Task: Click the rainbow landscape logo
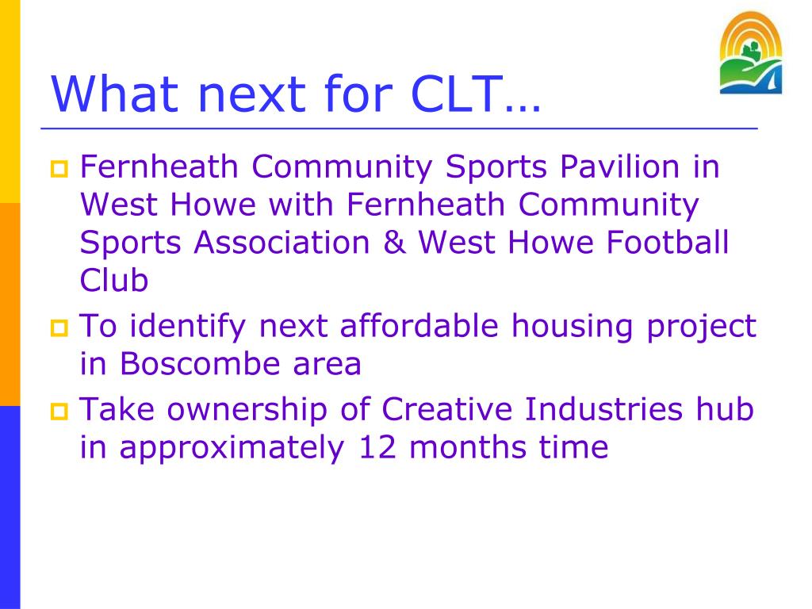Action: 750,53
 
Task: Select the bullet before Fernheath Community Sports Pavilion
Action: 59,169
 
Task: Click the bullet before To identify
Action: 59,327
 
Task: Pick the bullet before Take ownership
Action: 59,412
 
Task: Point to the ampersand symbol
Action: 395,243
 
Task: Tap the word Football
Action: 668,243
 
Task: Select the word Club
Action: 114,280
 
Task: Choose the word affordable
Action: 419,326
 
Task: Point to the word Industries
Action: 603,409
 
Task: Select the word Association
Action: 282,243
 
